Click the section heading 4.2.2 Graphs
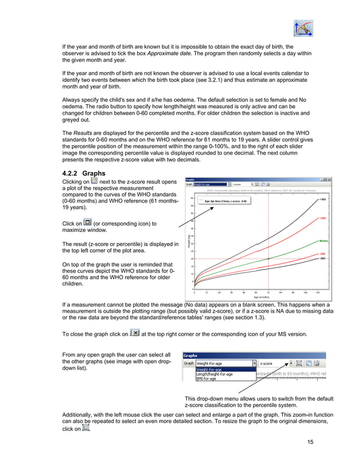[85, 173]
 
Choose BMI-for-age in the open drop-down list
[206, 379]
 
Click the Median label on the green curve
[323, 241]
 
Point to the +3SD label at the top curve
[323, 199]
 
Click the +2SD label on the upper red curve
[323, 218]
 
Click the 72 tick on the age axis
[268, 292]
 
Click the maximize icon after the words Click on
[87, 223]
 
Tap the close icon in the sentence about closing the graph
[134, 333]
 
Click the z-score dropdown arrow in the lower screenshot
[291, 363]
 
